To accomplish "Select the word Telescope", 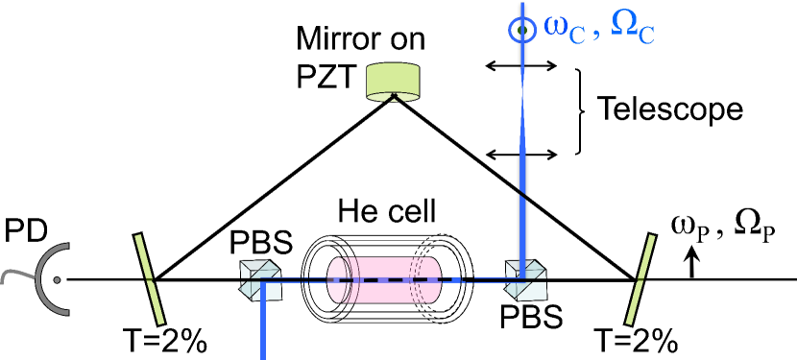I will point(670,108).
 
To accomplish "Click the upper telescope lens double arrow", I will point(519,65).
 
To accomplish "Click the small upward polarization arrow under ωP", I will point(691,266).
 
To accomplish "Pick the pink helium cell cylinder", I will point(383,279).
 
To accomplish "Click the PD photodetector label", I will point(23,232).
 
